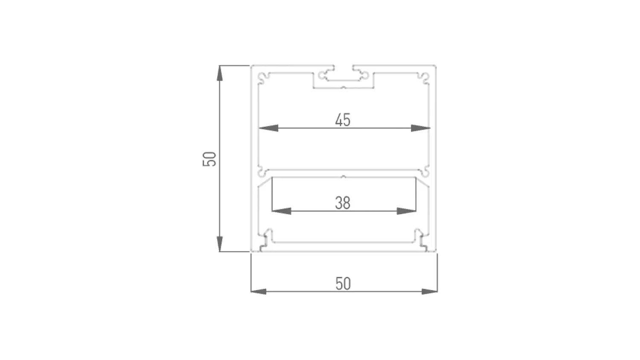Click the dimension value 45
coord(343,120)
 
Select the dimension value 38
coord(343,203)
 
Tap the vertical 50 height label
coord(209,159)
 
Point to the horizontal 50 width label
coord(343,284)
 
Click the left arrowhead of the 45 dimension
coord(268,128)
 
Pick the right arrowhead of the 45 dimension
coord(421,128)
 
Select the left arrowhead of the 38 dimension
coord(282,211)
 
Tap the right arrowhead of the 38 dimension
coord(407,211)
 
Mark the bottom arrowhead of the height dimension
coord(219,244)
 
